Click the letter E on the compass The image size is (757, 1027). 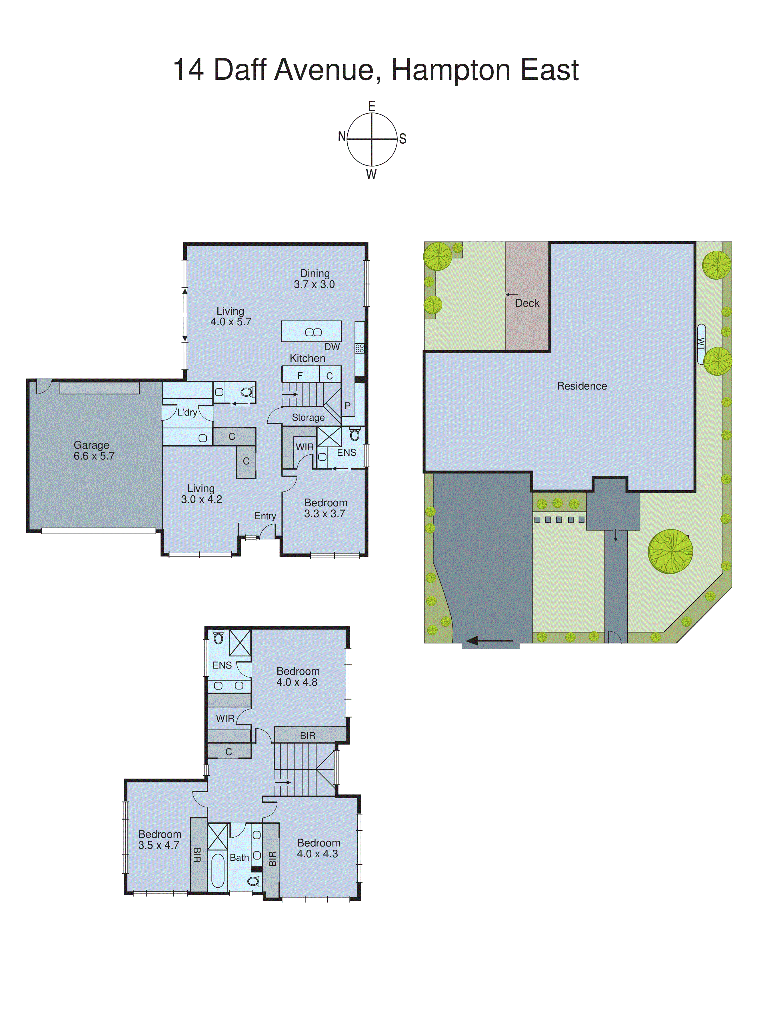point(372,106)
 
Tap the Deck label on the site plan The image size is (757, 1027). point(527,303)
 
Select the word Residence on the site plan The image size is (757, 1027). point(582,386)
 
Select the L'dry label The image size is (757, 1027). point(187,412)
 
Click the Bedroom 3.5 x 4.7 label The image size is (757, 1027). point(159,840)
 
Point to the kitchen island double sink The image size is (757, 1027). point(313,332)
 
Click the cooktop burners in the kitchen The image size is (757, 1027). point(360,348)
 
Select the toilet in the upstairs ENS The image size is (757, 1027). point(219,637)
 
